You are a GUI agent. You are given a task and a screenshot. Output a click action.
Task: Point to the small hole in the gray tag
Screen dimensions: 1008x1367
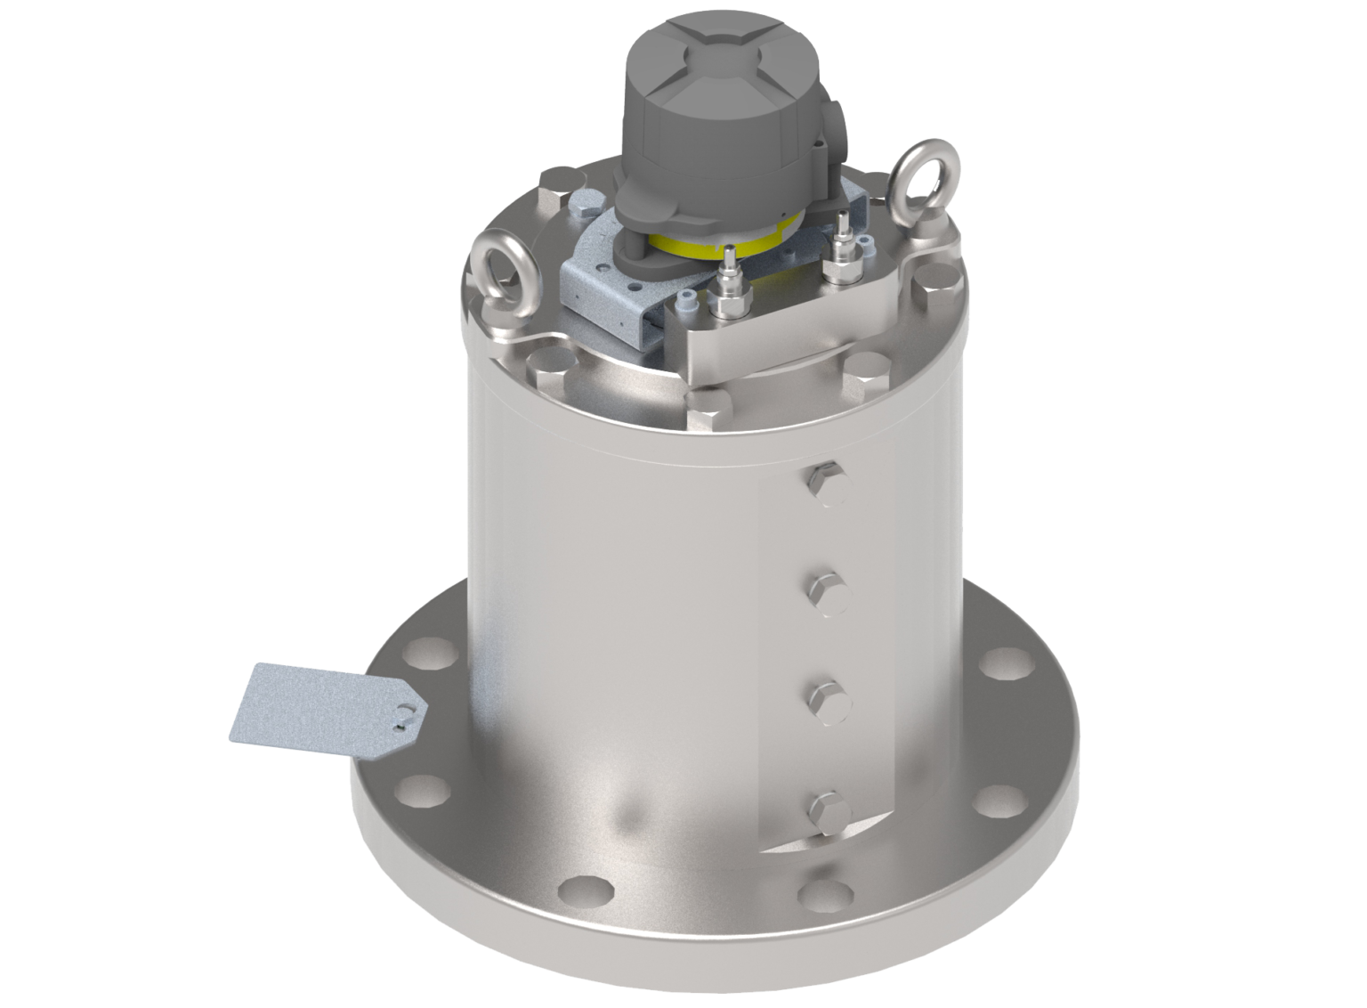[x=407, y=713]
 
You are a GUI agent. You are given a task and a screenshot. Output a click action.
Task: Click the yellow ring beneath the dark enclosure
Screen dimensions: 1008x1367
[x=712, y=245]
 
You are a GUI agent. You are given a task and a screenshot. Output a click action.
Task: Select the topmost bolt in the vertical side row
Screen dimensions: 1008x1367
[x=826, y=483]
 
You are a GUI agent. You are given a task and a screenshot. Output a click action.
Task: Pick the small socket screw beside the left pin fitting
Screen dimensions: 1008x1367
[x=687, y=303]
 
